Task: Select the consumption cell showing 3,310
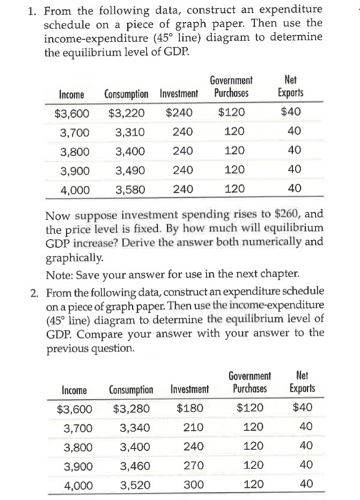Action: (x=131, y=131)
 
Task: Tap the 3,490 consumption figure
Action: (x=131, y=170)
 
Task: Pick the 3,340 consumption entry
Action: (x=134, y=429)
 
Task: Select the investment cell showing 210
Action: (x=192, y=429)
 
